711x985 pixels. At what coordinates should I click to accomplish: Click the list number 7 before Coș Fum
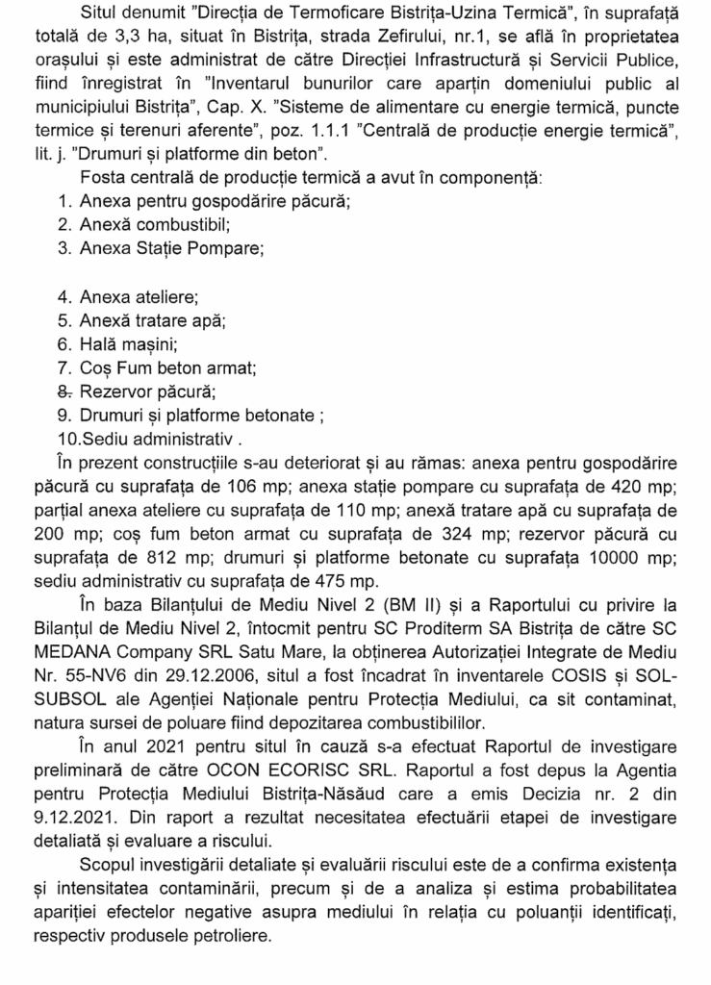pyautogui.click(x=64, y=368)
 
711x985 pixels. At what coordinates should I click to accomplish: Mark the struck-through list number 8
pyautogui.click(x=65, y=392)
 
